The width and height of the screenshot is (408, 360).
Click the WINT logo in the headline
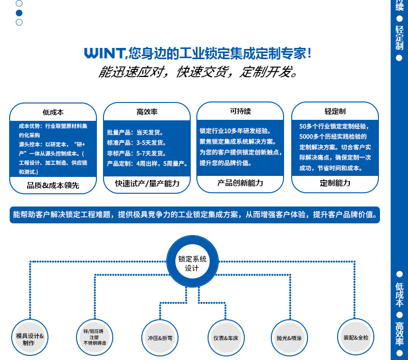click(104, 53)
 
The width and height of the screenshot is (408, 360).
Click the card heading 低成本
click(53, 112)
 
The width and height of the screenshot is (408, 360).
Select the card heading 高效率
click(147, 112)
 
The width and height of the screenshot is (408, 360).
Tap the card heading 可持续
click(240, 111)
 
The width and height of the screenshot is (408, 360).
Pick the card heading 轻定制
click(335, 111)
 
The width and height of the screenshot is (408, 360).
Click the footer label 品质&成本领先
click(53, 186)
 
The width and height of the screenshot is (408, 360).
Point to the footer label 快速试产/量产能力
click(147, 184)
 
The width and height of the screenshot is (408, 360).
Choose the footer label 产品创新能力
click(240, 183)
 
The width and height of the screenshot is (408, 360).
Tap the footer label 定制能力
click(335, 183)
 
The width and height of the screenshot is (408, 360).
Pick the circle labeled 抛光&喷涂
click(289, 338)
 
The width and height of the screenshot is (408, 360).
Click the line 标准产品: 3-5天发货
click(137, 143)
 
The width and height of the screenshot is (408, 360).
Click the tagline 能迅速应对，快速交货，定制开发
click(198, 72)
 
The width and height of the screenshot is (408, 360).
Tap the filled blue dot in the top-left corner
click(19, 13)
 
